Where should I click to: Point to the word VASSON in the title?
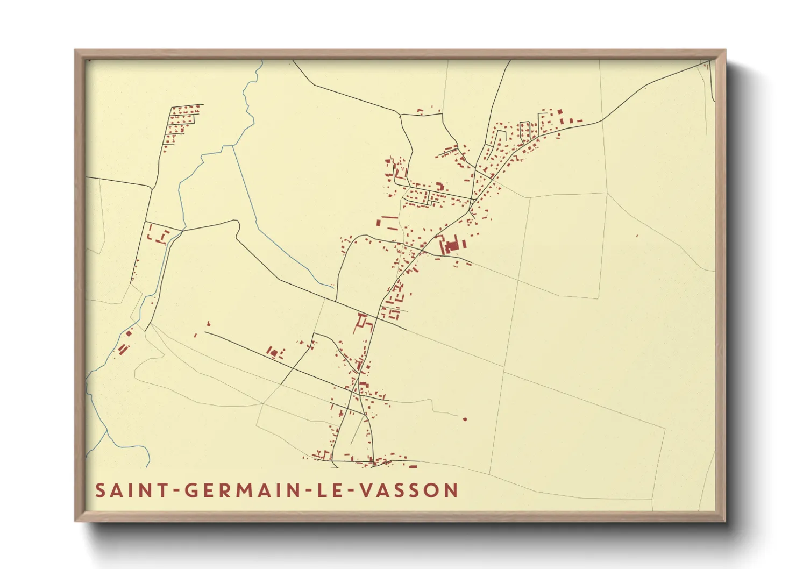pyautogui.click(x=409, y=490)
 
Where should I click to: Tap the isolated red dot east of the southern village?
pyautogui.click(x=465, y=419)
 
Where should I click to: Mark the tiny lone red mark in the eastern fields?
pyautogui.click(x=637, y=236)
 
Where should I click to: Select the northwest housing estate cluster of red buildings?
pyautogui.click(x=182, y=122)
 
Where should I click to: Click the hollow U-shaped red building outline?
pyautogui.click(x=364, y=322)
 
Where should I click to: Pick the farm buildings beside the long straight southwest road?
pyautogui.click(x=275, y=353)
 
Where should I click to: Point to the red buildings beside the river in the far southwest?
pyautogui.click(x=124, y=348)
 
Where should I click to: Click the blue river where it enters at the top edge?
pyautogui.click(x=261, y=61)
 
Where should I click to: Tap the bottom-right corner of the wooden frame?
pyautogui.click(x=724, y=521)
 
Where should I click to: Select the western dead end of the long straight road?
pyautogui.click(x=205, y=332)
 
